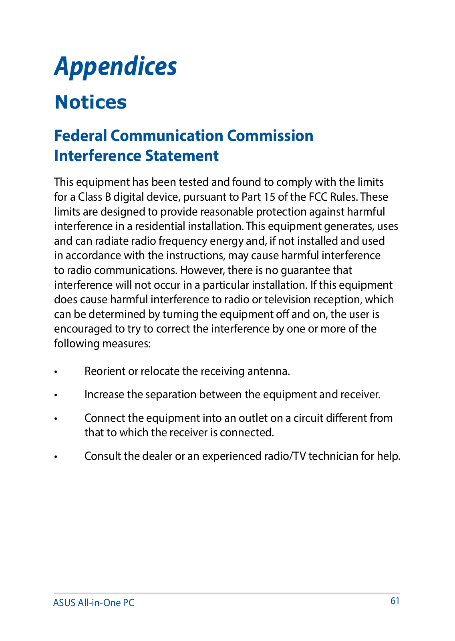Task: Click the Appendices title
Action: (115, 67)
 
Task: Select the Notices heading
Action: (91, 102)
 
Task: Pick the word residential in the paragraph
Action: (159, 226)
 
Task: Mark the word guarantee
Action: (306, 270)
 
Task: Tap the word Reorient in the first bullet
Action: (105, 371)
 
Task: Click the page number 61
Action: (395, 601)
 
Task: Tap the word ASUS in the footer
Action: (64, 603)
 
